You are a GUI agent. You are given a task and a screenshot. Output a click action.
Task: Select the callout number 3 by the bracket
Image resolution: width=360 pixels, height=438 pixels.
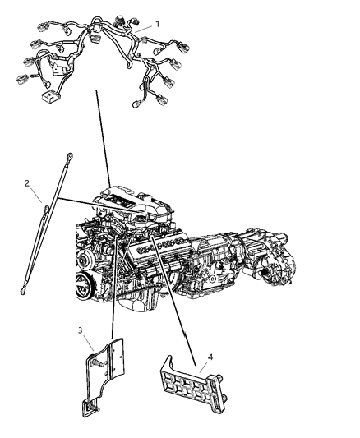(81, 330)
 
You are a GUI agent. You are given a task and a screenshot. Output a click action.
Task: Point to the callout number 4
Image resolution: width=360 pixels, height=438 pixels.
(210, 357)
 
